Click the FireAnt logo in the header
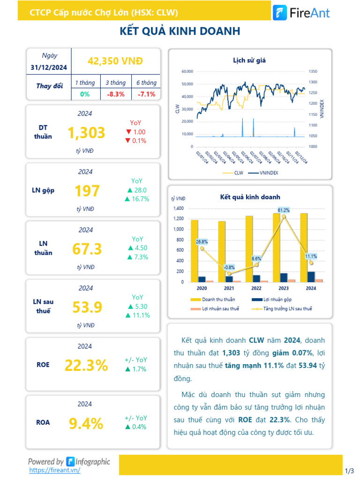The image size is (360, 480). coord(301,13)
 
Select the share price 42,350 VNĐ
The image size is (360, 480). coord(115,61)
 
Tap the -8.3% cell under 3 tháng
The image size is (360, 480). coord(115,94)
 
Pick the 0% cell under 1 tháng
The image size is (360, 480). coord(85,94)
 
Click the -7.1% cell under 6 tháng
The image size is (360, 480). coord(146,94)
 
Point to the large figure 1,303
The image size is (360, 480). coord(86,133)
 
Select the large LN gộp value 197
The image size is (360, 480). coord(87,191)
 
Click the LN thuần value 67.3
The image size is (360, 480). coord(87,249)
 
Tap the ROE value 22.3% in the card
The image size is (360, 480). coord(86,365)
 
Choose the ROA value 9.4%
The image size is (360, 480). coord(86,424)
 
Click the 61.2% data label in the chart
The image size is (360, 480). coord(284,210)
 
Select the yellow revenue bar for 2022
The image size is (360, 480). coord(249,249)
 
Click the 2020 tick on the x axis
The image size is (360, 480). coord(202,288)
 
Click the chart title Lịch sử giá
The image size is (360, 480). coord(249,60)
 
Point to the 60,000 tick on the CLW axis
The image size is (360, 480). coord(187,72)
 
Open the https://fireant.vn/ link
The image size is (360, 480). coord(54,470)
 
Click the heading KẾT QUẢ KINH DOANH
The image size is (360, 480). coord(180,31)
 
